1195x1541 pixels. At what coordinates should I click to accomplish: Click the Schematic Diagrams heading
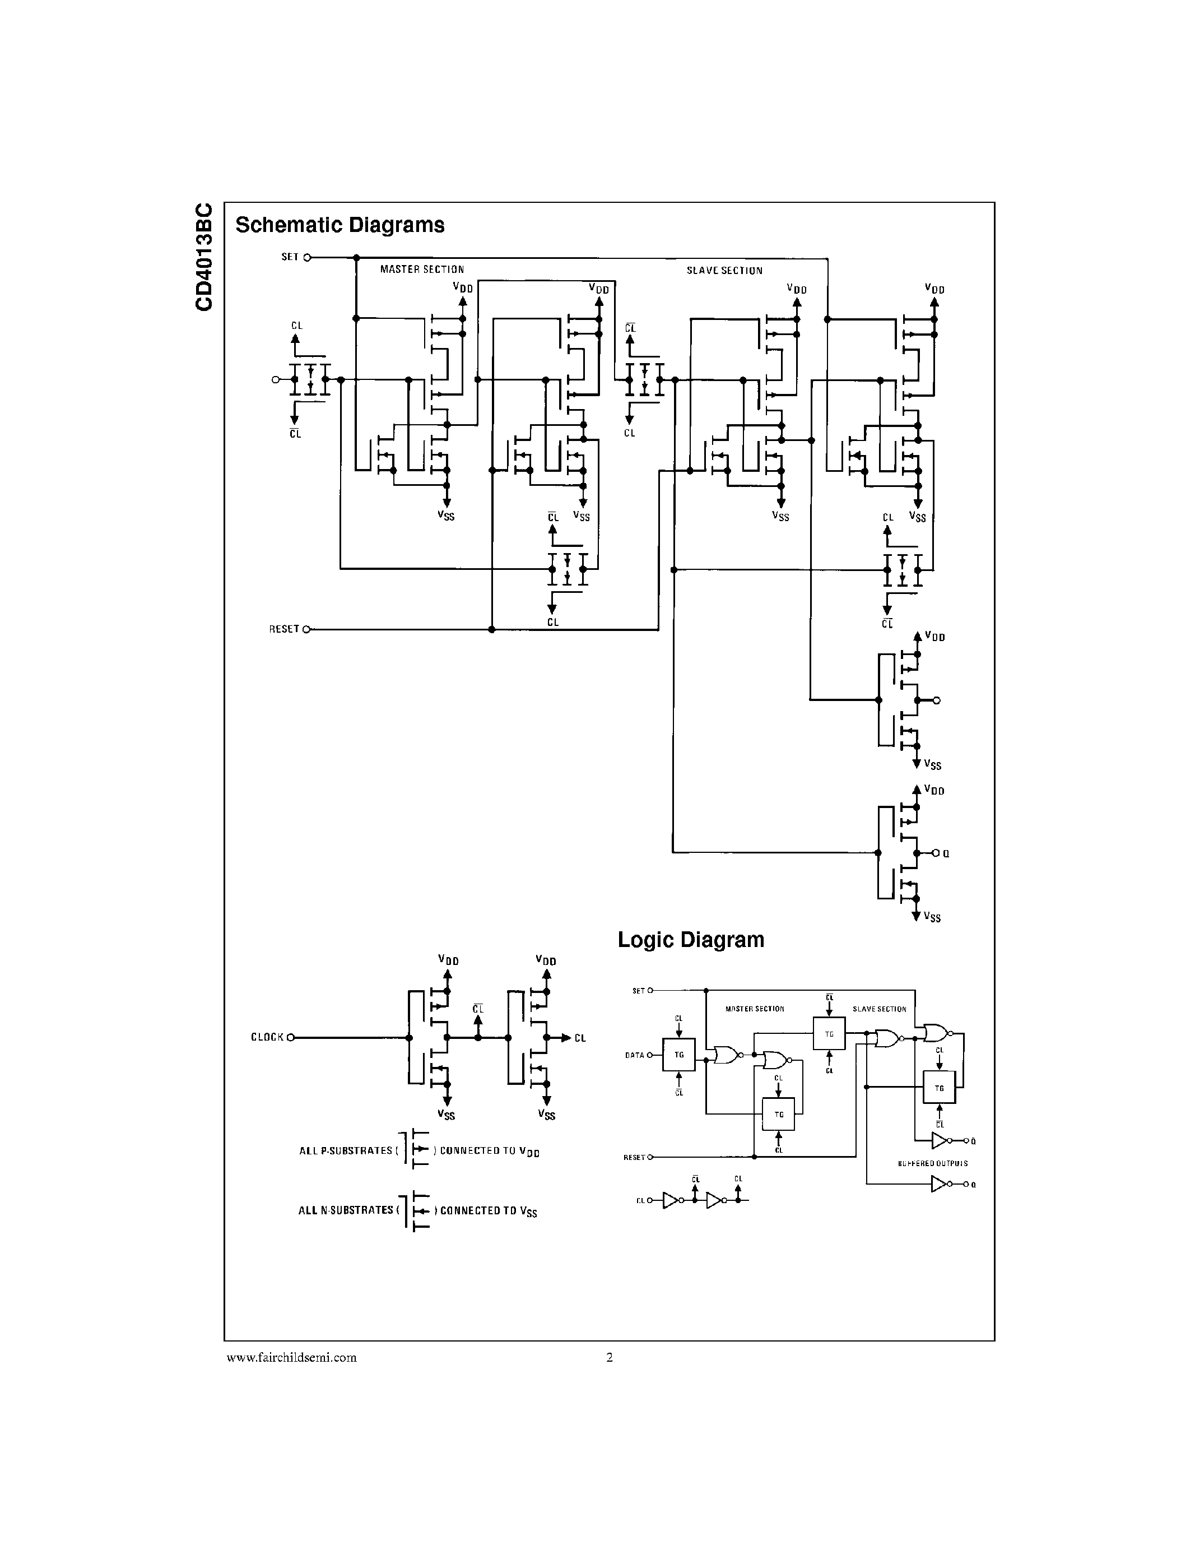(340, 225)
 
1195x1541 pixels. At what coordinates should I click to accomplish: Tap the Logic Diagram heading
(691, 940)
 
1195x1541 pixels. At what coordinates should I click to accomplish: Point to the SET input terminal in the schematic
(307, 258)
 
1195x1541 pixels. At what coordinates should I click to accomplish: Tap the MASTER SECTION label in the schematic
(422, 270)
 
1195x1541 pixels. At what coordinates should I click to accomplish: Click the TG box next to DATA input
(678, 1055)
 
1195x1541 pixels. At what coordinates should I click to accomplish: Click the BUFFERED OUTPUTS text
(933, 1163)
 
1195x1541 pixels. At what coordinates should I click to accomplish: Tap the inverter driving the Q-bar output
(939, 1141)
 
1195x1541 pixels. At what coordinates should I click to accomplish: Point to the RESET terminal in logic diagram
(650, 1157)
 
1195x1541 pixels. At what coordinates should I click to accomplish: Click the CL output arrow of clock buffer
(567, 1037)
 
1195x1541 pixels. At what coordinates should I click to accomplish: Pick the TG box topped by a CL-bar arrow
(829, 1034)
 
